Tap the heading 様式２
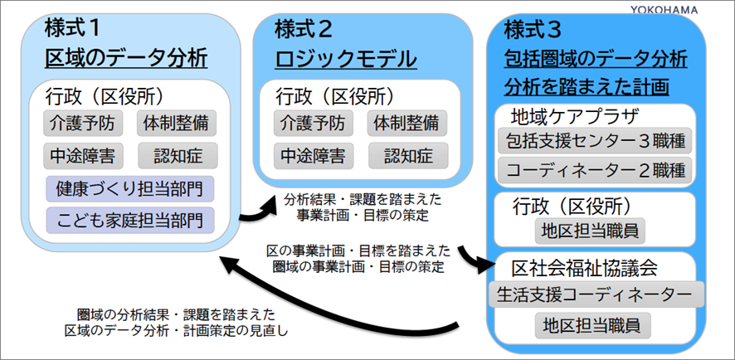point(304,30)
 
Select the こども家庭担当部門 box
point(129,219)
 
